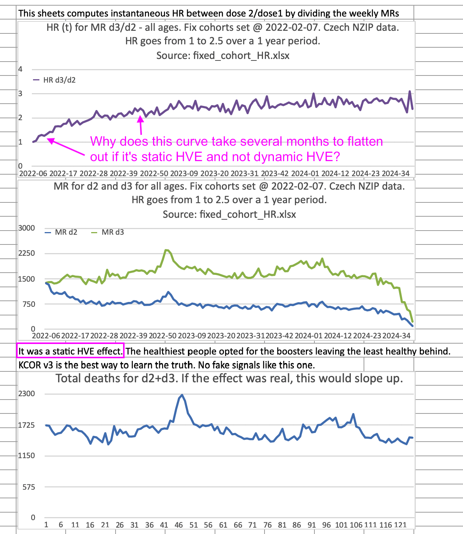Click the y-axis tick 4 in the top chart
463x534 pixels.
[x=21, y=69]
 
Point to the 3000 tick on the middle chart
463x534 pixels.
[x=26, y=228]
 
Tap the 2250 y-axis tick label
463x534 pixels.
[x=26, y=253]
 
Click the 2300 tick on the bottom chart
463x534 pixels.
[x=26, y=394]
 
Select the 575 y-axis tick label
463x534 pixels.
[x=28, y=487]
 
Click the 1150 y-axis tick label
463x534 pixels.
[x=26, y=456]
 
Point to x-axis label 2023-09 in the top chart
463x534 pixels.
[x=184, y=173]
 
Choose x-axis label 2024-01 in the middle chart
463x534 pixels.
[x=308, y=335]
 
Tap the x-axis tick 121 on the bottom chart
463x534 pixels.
[x=400, y=525]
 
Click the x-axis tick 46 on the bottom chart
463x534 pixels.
[x=179, y=525]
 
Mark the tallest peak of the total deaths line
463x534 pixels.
[x=182, y=395]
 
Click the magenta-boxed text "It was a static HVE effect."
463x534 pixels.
[x=71, y=351]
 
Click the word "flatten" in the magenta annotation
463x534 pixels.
[x=365, y=142]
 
